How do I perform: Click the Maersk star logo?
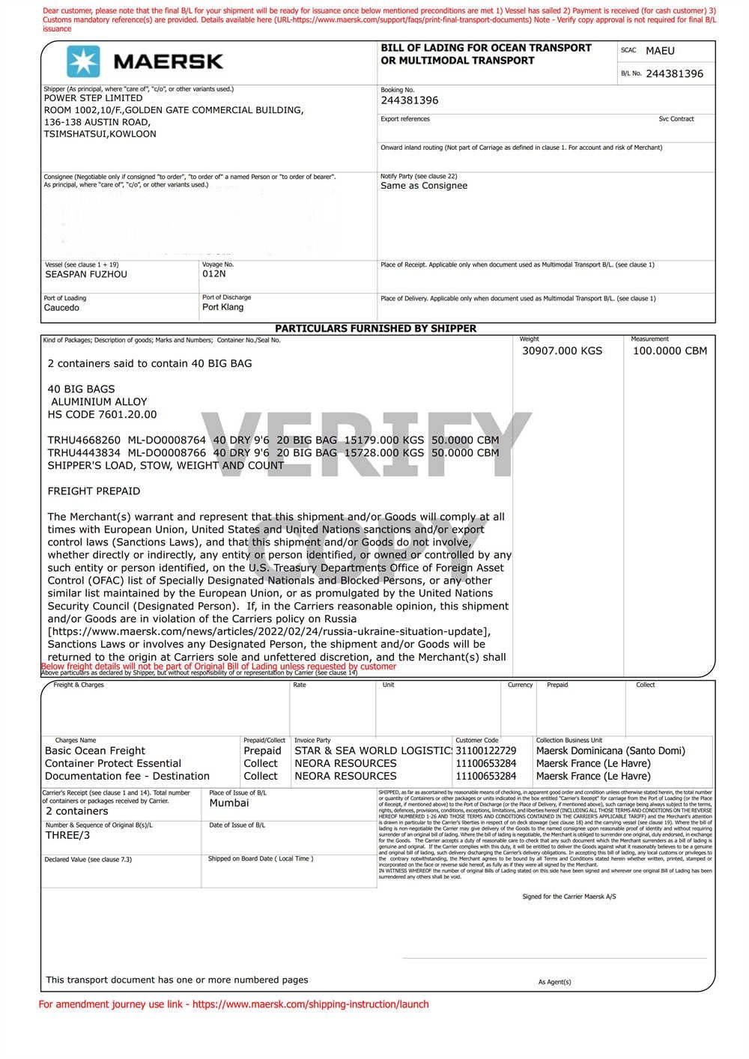tap(83, 61)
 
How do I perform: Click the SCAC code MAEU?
tap(660, 51)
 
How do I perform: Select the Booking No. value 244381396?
tap(410, 100)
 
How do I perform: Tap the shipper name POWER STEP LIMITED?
tap(93, 98)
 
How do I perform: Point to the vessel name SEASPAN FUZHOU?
tap(86, 274)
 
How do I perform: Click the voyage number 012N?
tap(213, 274)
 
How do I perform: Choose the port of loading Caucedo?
tap(61, 308)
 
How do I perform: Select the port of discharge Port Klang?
tap(222, 307)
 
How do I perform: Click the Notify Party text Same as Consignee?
tap(424, 186)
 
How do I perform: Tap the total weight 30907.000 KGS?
tap(562, 351)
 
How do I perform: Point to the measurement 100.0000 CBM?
tap(670, 351)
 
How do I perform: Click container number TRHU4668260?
tap(84, 440)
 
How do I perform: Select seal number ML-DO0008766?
tap(166, 452)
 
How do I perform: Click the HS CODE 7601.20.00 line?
tap(103, 414)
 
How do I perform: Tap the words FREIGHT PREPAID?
tap(94, 491)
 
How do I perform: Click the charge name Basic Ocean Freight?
tap(95, 750)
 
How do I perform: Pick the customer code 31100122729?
tap(486, 750)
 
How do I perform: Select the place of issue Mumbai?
tap(229, 803)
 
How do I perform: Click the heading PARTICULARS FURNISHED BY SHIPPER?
tap(375, 328)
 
